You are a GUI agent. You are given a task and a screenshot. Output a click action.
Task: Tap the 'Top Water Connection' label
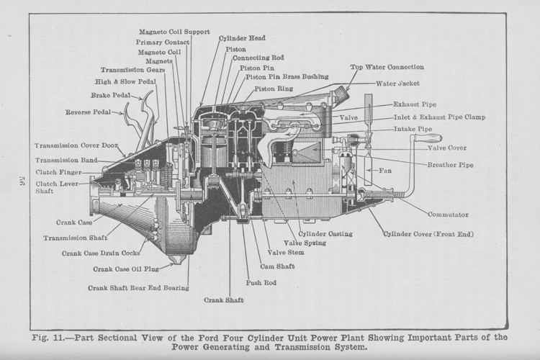coord(387,67)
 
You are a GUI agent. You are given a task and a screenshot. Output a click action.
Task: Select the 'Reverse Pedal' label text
coord(89,112)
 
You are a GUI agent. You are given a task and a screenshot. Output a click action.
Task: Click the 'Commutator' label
coord(448,215)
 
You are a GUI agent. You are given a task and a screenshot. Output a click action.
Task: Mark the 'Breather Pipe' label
coord(451,165)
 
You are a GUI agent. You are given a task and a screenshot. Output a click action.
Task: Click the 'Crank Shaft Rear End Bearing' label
coord(139,287)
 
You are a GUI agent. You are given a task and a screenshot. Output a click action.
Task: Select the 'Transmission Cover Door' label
coord(76,145)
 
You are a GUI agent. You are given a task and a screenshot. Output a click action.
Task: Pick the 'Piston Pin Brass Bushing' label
coord(287,76)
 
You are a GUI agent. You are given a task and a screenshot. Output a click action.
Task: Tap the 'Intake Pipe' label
coord(413,129)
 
